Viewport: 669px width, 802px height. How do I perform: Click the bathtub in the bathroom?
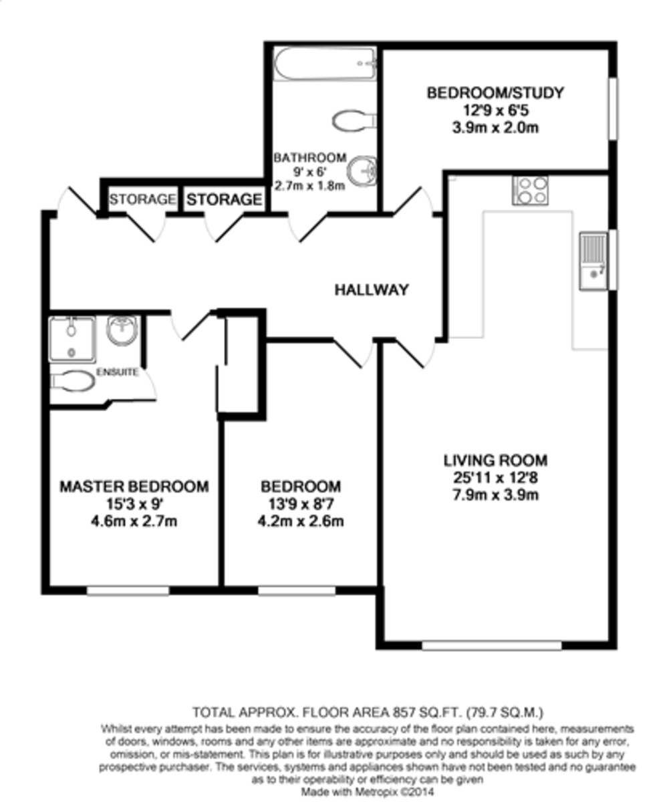tap(325, 64)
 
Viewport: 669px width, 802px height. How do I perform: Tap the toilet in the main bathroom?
tap(354, 121)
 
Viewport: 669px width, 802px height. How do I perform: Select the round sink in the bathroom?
tap(364, 170)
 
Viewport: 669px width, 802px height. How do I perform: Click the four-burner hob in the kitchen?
tap(530, 190)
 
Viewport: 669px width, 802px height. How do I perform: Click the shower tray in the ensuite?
tap(72, 340)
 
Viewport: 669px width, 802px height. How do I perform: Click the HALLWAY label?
tap(372, 290)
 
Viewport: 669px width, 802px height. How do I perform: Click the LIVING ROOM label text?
tap(495, 460)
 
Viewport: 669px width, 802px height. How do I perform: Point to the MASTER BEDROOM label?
tap(134, 487)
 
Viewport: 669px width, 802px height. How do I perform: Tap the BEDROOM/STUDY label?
tap(495, 92)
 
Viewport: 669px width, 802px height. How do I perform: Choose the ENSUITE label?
tap(118, 372)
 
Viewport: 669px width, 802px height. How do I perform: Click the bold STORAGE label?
tap(223, 199)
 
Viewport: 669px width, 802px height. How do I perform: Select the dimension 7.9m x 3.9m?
tap(495, 495)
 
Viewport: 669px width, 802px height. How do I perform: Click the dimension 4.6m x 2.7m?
tap(134, 521)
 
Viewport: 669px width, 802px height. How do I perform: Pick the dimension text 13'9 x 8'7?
tap(301, 504)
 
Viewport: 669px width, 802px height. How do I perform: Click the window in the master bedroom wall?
tap(128, 591)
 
